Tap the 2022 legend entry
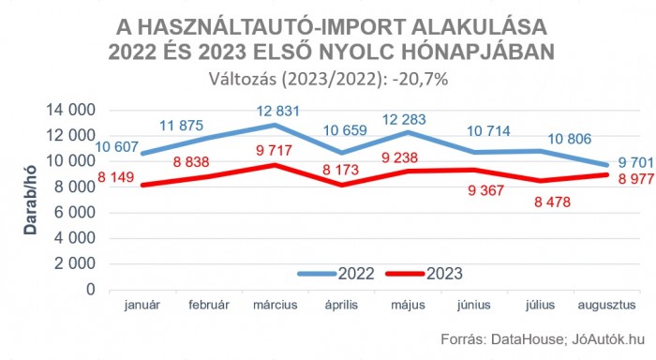tap(355, 274)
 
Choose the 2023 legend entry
tap(443, 274)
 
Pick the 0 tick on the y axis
tap(91, 290)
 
